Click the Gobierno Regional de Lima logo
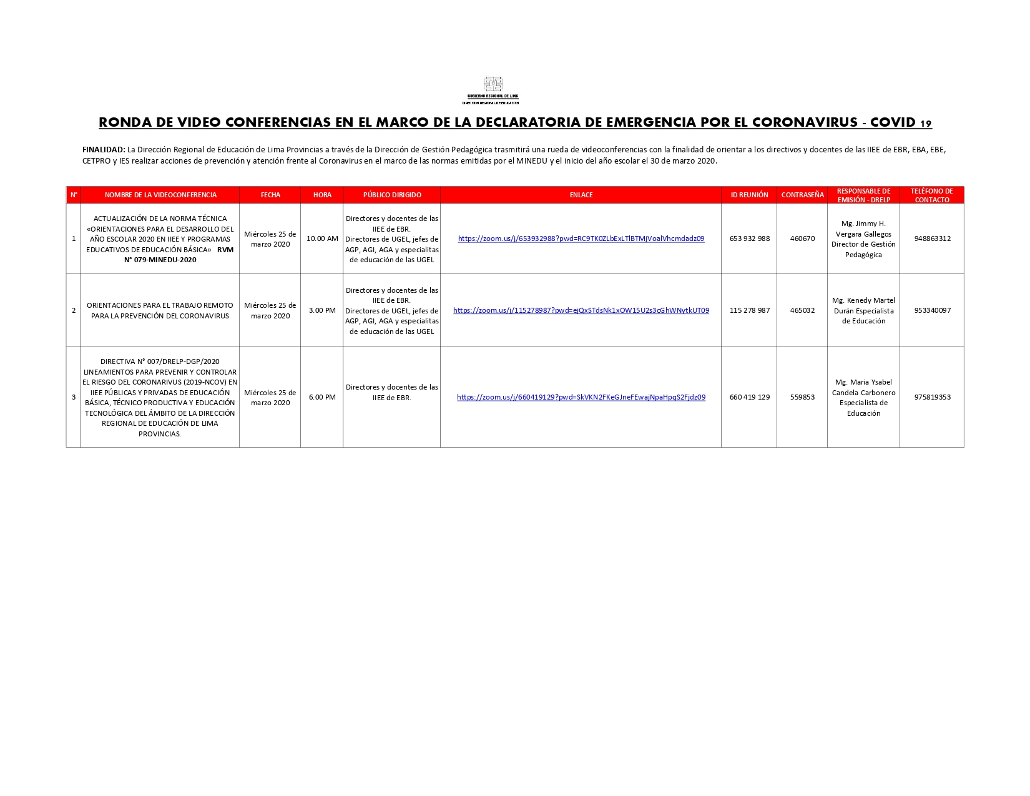click(493, 90)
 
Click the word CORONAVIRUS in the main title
click(805, 122)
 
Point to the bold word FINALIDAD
click(104, 150)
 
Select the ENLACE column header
click(581, 195)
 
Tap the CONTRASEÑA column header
click(802, 195)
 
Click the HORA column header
click(322, 195)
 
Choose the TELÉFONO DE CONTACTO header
click(931, 195)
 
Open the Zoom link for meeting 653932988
click(581, 238)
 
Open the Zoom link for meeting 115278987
click(581, 310)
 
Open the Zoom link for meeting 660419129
click(581, 397)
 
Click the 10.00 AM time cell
click(322, 238)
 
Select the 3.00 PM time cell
click(322, 310)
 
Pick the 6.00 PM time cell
click(322, 397)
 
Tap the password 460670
click(802, 238)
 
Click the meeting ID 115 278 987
click(749, 310)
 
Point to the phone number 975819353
click(932, 397)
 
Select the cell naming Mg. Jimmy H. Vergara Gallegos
click(863, 239)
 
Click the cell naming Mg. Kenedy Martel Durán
click(863, 310)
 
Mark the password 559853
click(802, 397)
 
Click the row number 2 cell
click(74, 310)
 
